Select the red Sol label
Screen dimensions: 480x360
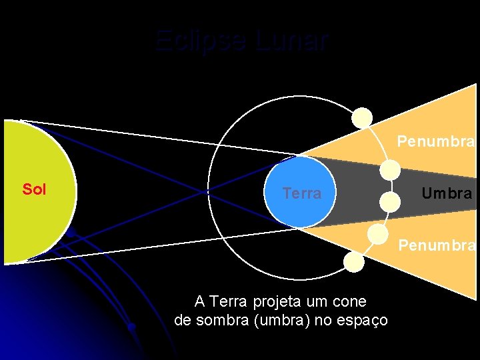(x=34, y=189)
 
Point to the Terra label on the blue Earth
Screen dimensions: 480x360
(x=301, y=193)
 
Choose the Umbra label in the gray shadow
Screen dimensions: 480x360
(x=447, y=193)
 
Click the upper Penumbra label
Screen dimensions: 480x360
(x=436, y=142)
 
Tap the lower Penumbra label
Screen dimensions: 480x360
(x=436, y=245)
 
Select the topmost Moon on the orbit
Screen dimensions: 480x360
(x=362, y=118)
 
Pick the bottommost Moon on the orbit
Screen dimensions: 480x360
(x=354, y=262)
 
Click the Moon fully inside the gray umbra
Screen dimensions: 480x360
(x=389, y=201)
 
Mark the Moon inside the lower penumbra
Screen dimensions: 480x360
(x=377, y=233)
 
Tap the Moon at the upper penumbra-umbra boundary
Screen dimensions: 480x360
(x=389, y=170)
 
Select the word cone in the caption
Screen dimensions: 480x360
(x=351, y=301)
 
